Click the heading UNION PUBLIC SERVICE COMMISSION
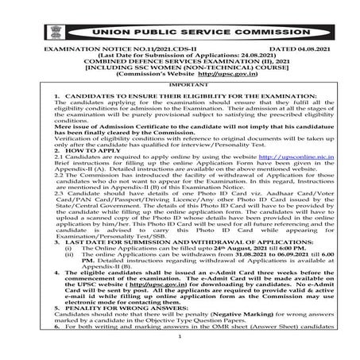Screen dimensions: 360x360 click(x=180, y=37)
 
